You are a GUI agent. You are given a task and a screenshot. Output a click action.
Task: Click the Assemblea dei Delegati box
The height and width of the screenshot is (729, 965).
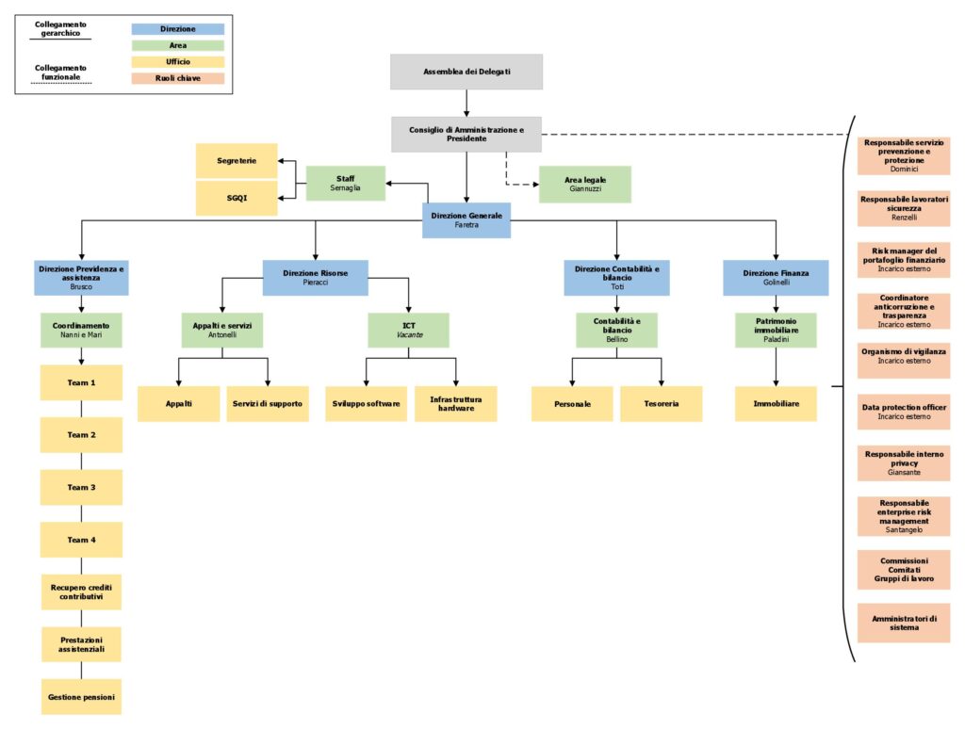(x=466, y=72)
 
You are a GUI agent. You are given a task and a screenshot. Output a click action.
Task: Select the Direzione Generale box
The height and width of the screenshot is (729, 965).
(x=466, y=220)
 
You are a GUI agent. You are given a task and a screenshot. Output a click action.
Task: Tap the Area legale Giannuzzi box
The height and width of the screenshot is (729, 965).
(x=584, y=184)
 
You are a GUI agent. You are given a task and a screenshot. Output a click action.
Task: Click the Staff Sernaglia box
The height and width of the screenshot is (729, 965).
(x=346, y=183)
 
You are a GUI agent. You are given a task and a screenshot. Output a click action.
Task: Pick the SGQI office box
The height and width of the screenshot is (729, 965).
(x=237, y=198)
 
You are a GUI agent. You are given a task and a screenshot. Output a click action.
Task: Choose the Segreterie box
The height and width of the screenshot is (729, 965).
(x=237, y=161)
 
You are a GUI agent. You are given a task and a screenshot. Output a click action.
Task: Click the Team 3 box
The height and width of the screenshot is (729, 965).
(x=81, y=487)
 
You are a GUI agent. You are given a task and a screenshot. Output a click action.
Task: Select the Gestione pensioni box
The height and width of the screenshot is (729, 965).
(x=81, y=697)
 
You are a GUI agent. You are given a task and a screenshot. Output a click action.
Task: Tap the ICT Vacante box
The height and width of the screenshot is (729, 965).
(x=408, y=330)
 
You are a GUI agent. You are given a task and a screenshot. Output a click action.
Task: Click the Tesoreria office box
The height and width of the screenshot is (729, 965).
(x=661, y=403)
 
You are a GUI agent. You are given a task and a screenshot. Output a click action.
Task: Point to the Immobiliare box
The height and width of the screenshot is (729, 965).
(x=776, y=403)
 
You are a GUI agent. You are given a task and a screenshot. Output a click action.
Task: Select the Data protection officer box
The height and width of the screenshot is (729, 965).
(x=904, y=412)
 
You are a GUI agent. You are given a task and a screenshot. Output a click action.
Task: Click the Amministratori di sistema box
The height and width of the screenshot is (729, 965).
(x=904, y=623)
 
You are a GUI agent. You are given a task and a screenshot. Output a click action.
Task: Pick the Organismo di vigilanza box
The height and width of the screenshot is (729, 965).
(x=904, y=355)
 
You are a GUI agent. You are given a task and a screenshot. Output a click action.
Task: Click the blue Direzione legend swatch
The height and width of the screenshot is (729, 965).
(x=178, y=29)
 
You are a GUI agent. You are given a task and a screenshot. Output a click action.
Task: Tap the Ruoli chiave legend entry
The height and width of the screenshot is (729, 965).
(x=178, y=78)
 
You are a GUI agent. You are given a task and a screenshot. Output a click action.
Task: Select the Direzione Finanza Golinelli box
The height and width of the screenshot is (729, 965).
(x=776, y=278)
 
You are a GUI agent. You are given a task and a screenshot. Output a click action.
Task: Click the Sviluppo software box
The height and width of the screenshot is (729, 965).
(x=367, y=403)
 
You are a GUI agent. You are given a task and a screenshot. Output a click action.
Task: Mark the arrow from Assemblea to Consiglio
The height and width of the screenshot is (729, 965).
(x=466, y=103)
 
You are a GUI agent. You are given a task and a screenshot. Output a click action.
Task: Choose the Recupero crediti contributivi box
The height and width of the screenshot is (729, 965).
(x=81, y=591)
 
